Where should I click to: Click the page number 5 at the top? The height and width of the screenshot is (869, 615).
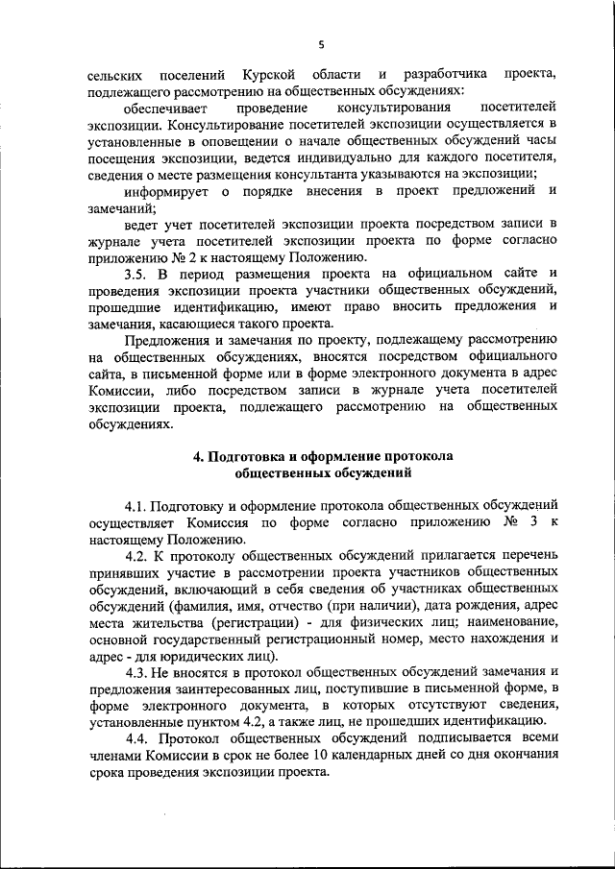click(x=322, y=42)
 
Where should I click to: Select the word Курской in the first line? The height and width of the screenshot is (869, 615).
click(x=269, y=74)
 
